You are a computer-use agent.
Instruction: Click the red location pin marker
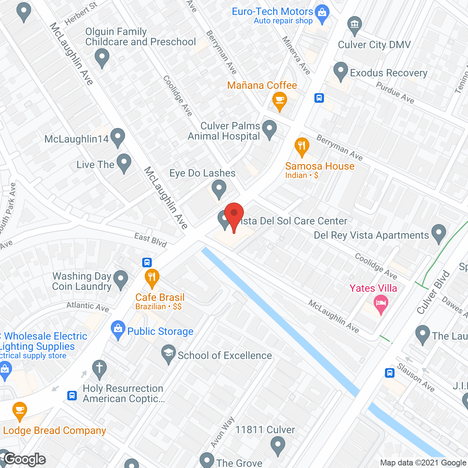click(x=234, y=214)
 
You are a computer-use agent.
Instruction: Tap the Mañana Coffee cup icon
click(x=280, y=99)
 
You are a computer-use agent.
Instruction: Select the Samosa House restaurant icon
click(x=302, y=146)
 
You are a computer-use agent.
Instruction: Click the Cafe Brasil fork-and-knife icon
click(x=152, y=277)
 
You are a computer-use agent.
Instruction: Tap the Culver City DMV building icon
click(x=354, y=24)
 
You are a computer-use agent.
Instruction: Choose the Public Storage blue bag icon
click(x=118, y=329)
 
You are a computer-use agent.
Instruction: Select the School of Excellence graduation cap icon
click(x=169, y=353)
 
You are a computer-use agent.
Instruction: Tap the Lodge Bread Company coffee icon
click(x=20, y=410)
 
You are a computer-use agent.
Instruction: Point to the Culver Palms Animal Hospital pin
click(x=269, y=129)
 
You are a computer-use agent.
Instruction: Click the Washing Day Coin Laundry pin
click(x=121, y=279)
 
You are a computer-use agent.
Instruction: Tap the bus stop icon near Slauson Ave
click(x=390, y=373)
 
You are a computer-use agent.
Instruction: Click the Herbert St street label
click(x=81, y=14)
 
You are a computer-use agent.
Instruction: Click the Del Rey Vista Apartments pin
click(x=438, y=233)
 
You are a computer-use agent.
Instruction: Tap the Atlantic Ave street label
click(x=88, y=306)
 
